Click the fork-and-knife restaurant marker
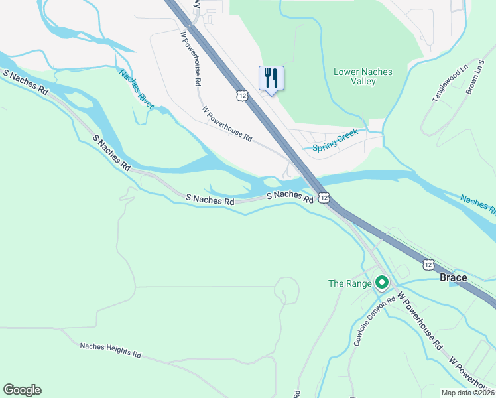pyautogui.click(x=271, y=78)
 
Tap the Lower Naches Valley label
pyautogui.click(x=363, y=76)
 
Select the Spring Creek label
pyautogui.click(x=336, y=140)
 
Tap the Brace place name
pyautogui.click(x=454, y=277)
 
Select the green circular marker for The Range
pyautogui.click(x=381, y=283)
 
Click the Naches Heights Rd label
pyautogui.click(x=110, y=350)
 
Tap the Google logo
pyautogui.click(x=22, y=390)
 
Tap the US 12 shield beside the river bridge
pyautogui.click(x=324, y=198)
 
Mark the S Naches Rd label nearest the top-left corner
pyautogui.click(x=26, y=83)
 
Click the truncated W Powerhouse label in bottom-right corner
pyautogui.click(x=471, y=372)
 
